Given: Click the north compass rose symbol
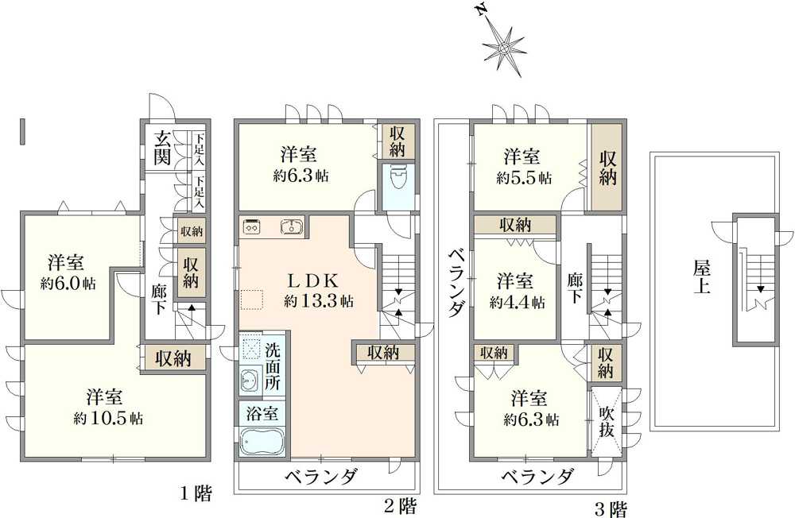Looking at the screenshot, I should (x=503, y=48).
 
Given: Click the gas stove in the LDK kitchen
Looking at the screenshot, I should (x=253, y=226).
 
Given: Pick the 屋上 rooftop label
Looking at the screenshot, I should (x=700, y=276).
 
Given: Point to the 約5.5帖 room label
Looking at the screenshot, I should (x=522, y=167).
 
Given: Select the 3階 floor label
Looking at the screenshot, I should (x=611, y=507).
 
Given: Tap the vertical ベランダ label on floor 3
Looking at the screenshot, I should (x=455, y=282).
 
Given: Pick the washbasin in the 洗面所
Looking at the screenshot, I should (x=249, y=381).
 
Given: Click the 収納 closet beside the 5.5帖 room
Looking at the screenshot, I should (x=607, y=167).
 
